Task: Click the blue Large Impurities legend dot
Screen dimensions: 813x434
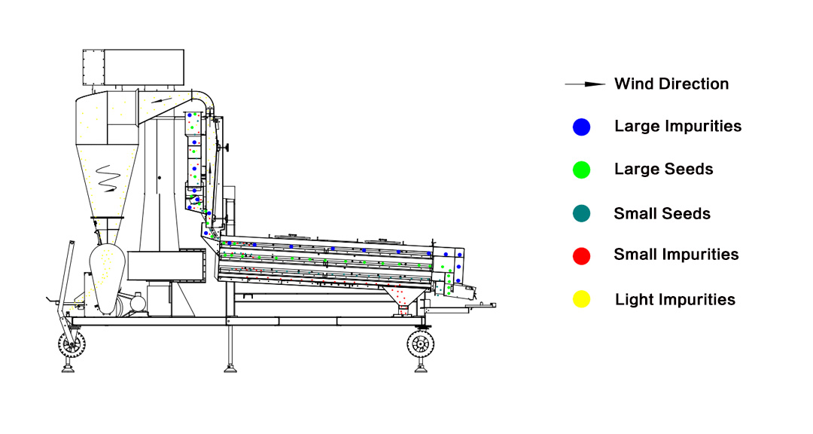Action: pyautogui.click(x=581, y=127)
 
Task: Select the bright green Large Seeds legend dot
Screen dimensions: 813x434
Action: pyautogui.click(x=581, y=170)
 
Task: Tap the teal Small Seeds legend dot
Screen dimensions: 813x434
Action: pyautogui.click(x=581, y=213)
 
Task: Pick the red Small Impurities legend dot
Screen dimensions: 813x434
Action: pyautogui.click(x=581, y=256)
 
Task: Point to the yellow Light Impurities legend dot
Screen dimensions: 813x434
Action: pyautogui.click(x=581, y=300)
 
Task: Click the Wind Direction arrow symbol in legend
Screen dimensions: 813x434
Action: pyautogui.click(x=585, y=84)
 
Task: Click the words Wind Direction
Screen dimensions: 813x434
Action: pyautogui.click(x=671, y=84)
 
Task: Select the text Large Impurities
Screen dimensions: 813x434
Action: pyautogui.click(x=677, y=126)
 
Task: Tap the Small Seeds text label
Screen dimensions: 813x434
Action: pyautogui.click(x=662, y=213)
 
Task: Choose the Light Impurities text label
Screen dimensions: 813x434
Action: pyautogui.click(x=675, y=300)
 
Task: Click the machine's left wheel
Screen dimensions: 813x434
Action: pyautogui.click(x=72, y=344)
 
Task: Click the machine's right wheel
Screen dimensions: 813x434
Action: pyautogui.click(x=421, y=343)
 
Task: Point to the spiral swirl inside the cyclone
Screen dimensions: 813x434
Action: pyautogui.click(x=108, y=179)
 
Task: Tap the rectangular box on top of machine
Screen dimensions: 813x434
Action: pyautogui.click(x=133, y=68)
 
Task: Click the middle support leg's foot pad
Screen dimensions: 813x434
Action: pyautogui.click(x=230, y=369)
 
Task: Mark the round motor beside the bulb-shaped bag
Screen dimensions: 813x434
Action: pyautogui.click(x=138, y=302)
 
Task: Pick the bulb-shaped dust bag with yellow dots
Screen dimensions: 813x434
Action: pyautogui.click(x=108, y=278)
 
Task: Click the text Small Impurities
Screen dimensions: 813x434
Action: pyautogui.click(x=676, y=255)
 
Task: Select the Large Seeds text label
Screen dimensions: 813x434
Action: pyautogui.click(x=664, y=170)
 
